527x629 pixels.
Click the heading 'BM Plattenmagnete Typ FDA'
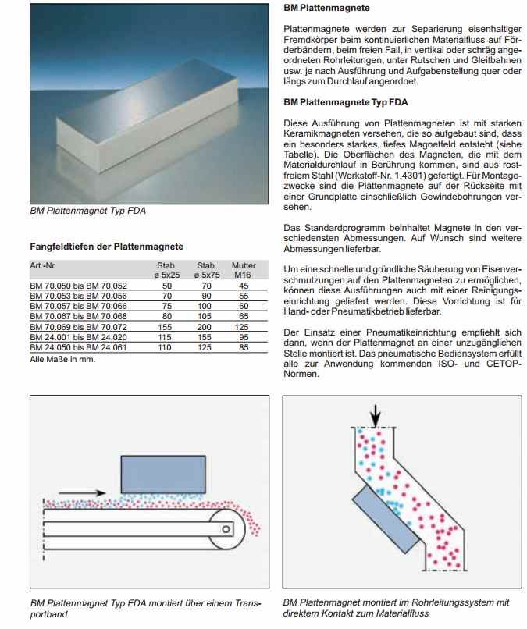345,102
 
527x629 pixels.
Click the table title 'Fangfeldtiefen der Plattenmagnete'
106,246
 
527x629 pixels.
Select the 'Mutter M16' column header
244,270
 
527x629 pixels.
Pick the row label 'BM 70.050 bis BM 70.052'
77,286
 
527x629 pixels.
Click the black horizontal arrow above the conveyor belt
82,493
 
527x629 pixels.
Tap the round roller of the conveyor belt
225,528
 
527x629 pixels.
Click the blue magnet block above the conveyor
162,474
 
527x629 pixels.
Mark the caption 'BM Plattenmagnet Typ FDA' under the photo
87,211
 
